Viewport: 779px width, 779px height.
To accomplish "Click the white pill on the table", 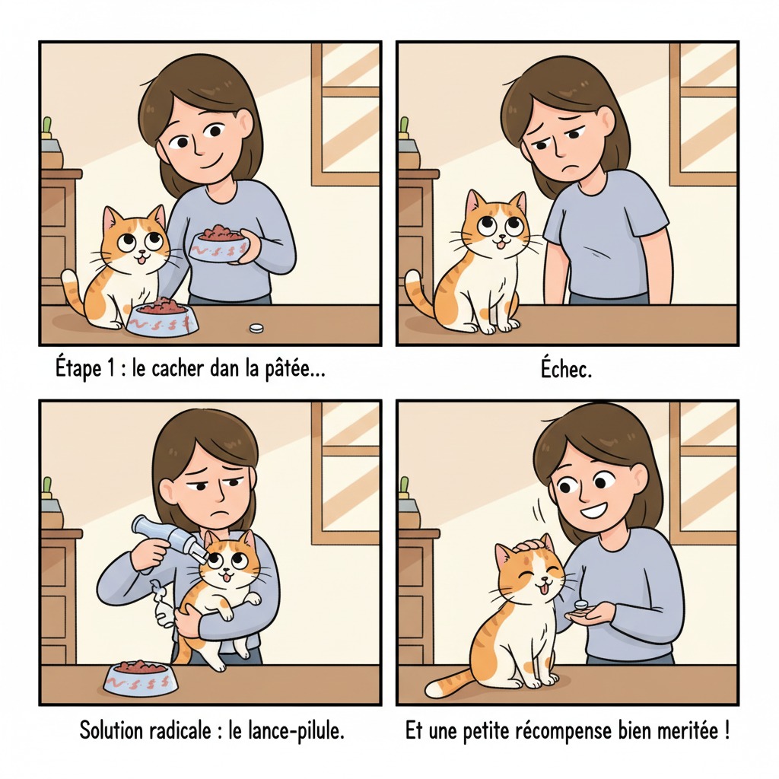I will (257, 328).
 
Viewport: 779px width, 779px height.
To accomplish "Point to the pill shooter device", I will (164, 536).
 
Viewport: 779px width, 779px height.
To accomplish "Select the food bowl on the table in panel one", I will (162, 317).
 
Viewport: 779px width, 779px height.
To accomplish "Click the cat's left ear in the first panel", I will (111, 218).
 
